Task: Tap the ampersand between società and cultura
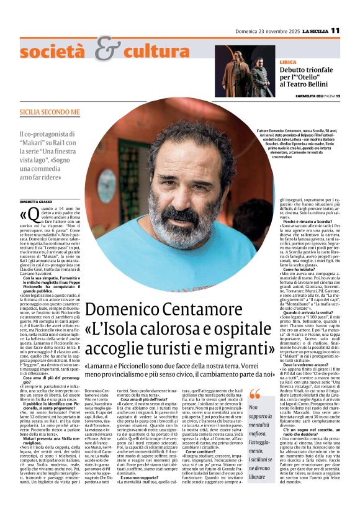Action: click(x=109, y=49)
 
